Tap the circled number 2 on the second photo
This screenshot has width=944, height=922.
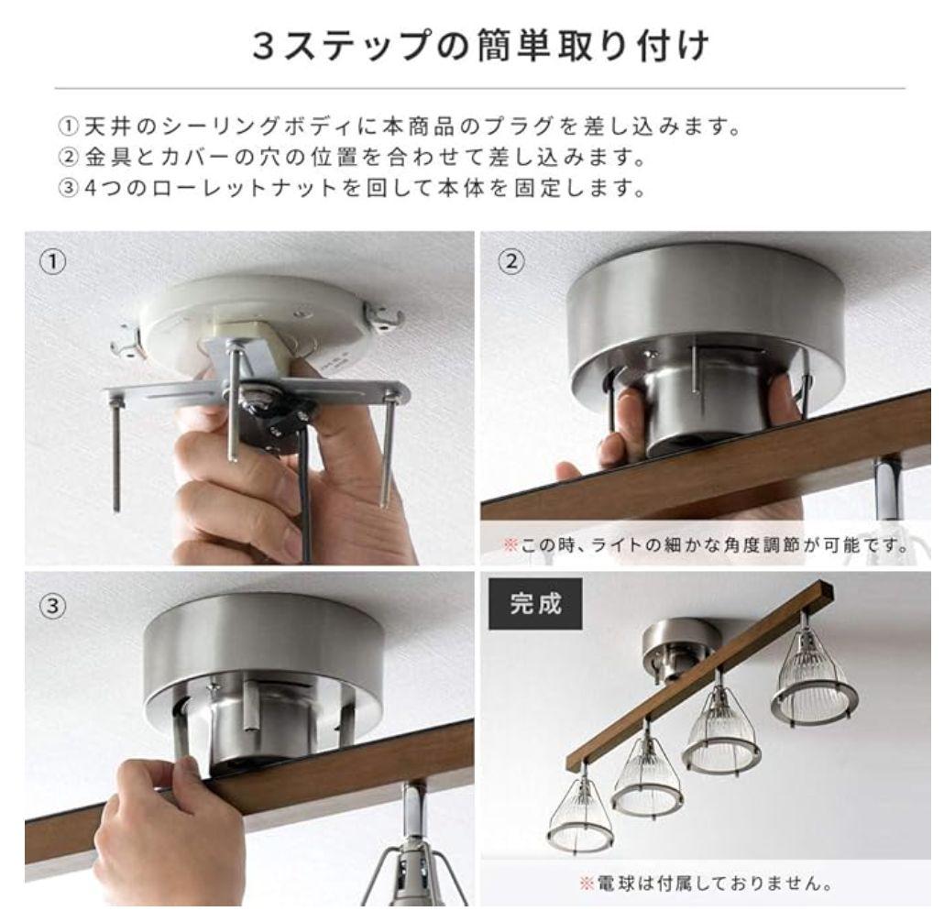click(513, 262)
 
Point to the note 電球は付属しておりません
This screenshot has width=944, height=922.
click(705, 885)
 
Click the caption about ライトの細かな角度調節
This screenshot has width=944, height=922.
click(705, 546)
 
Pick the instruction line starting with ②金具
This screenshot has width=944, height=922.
click(349, 158)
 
